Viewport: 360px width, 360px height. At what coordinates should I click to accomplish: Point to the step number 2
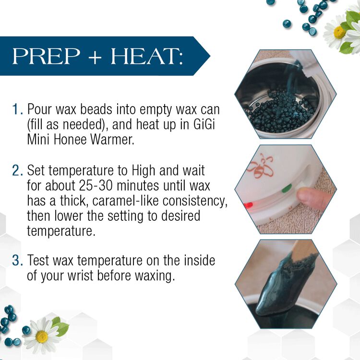[17, 170]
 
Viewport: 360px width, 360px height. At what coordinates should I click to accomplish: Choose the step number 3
[17, 262]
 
